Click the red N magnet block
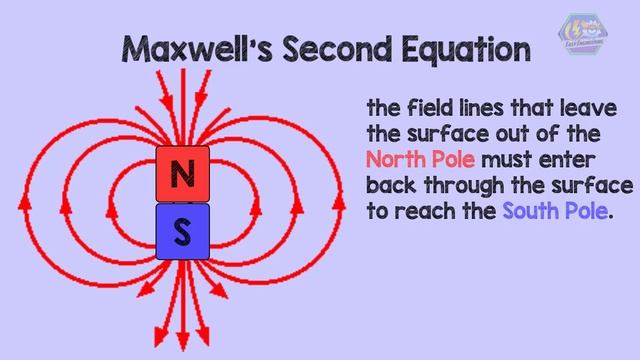(x=182, y=175)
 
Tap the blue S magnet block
(x=182, y=231)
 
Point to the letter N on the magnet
(x=182, y=175)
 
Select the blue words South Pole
(x=555, y=212)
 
